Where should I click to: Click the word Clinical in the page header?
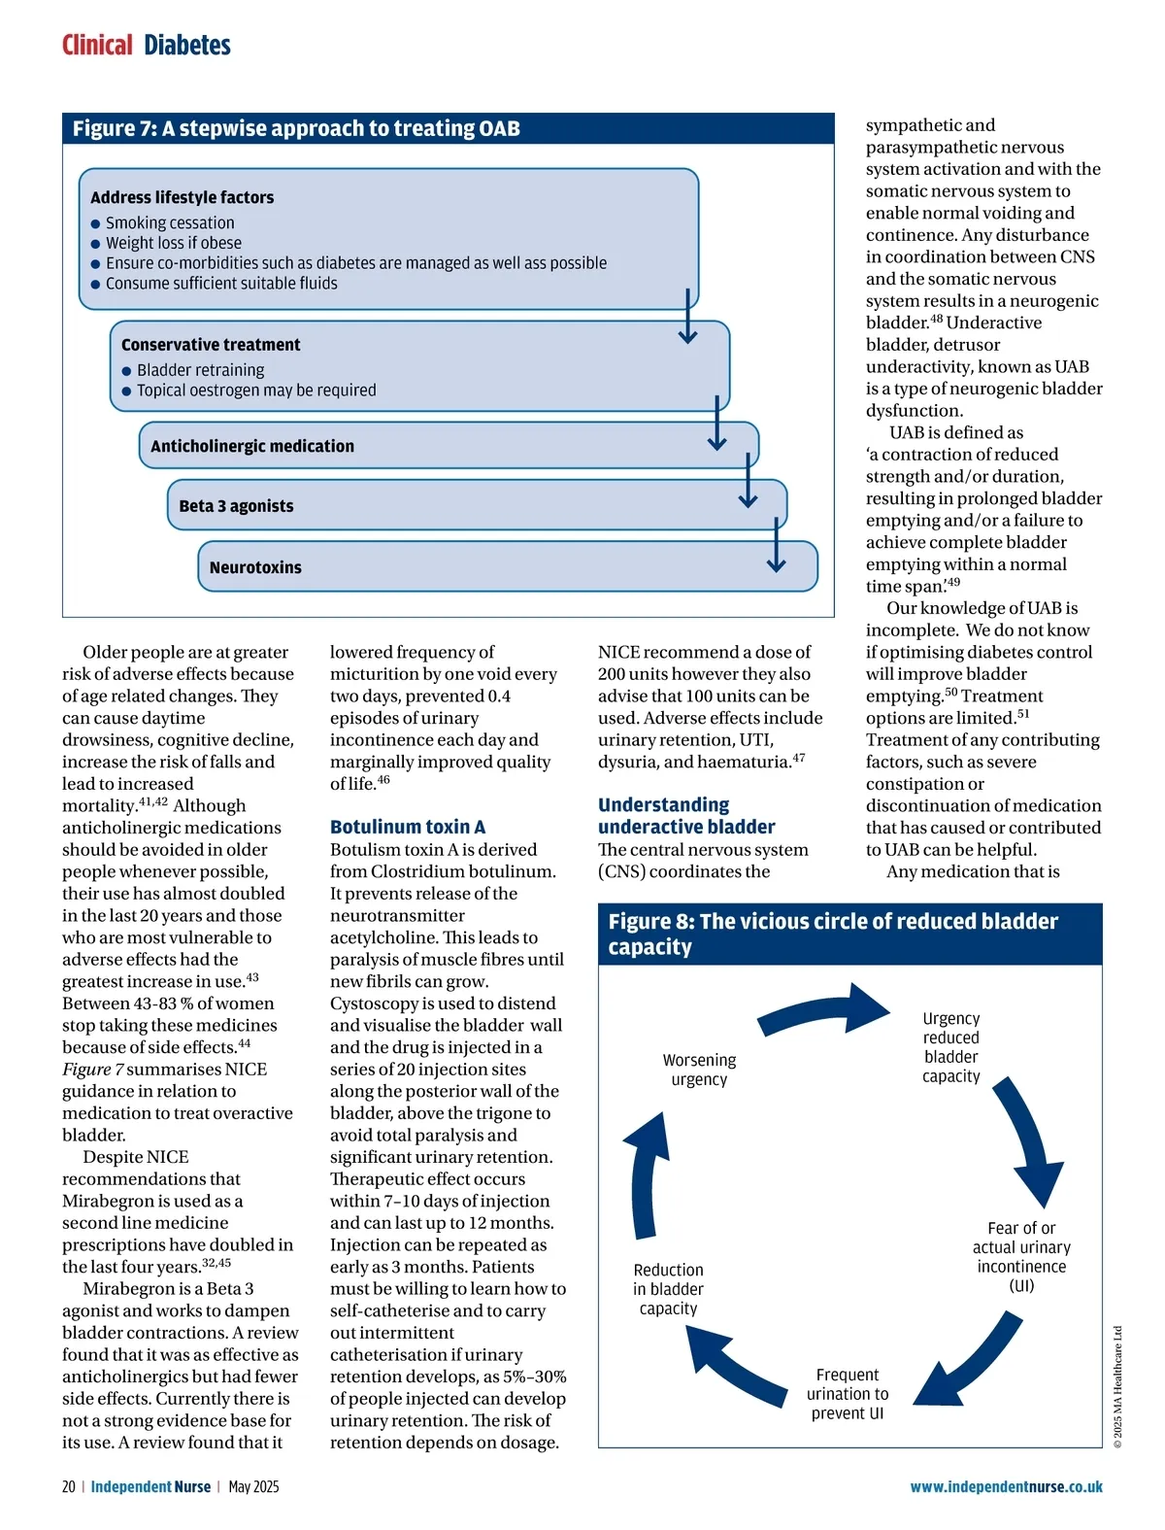tap(97, 45)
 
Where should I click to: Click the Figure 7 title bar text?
tap(296, 128)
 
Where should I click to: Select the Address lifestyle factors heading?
tap(182, 197)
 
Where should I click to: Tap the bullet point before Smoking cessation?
tap(95, 223)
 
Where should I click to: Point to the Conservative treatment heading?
tap(211, 345)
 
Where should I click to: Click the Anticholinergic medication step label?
tap(252, 446)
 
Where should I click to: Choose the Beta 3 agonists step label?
tap(236, 506)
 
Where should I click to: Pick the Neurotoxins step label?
tap(255, 567)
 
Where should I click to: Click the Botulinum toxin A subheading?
tap(408, 827)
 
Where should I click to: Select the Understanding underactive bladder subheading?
tap(686, 816)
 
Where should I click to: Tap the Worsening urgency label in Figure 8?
tap(699, 1070)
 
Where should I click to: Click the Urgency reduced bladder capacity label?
tap(951, 1047)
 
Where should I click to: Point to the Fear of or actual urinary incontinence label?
tap(1021, 1257)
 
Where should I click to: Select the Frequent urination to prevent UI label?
tap(848, 1394)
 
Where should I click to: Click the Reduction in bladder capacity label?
tap(668, 1289)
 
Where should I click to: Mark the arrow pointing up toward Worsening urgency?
tap(649, 1175)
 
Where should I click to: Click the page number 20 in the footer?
tap(68, 1487)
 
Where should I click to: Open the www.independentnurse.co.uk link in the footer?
tap(1006, 1487)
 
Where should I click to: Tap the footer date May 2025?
tap(253, 1487)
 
